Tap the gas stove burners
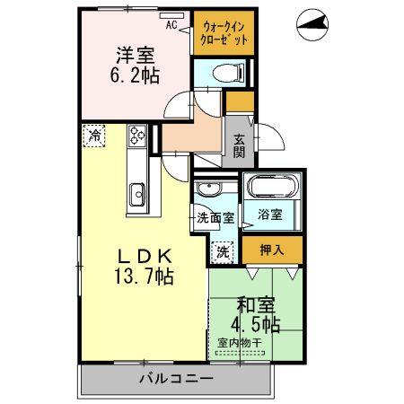[x=138, y=136]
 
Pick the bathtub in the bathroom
[x=273, y=188]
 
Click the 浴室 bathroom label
[x=270, y=215]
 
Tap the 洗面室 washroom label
[x=215, y=218]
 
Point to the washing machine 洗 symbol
[x=220, y=252]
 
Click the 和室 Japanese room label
[x=256, y=304]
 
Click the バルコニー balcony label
[x=176, y=378]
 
